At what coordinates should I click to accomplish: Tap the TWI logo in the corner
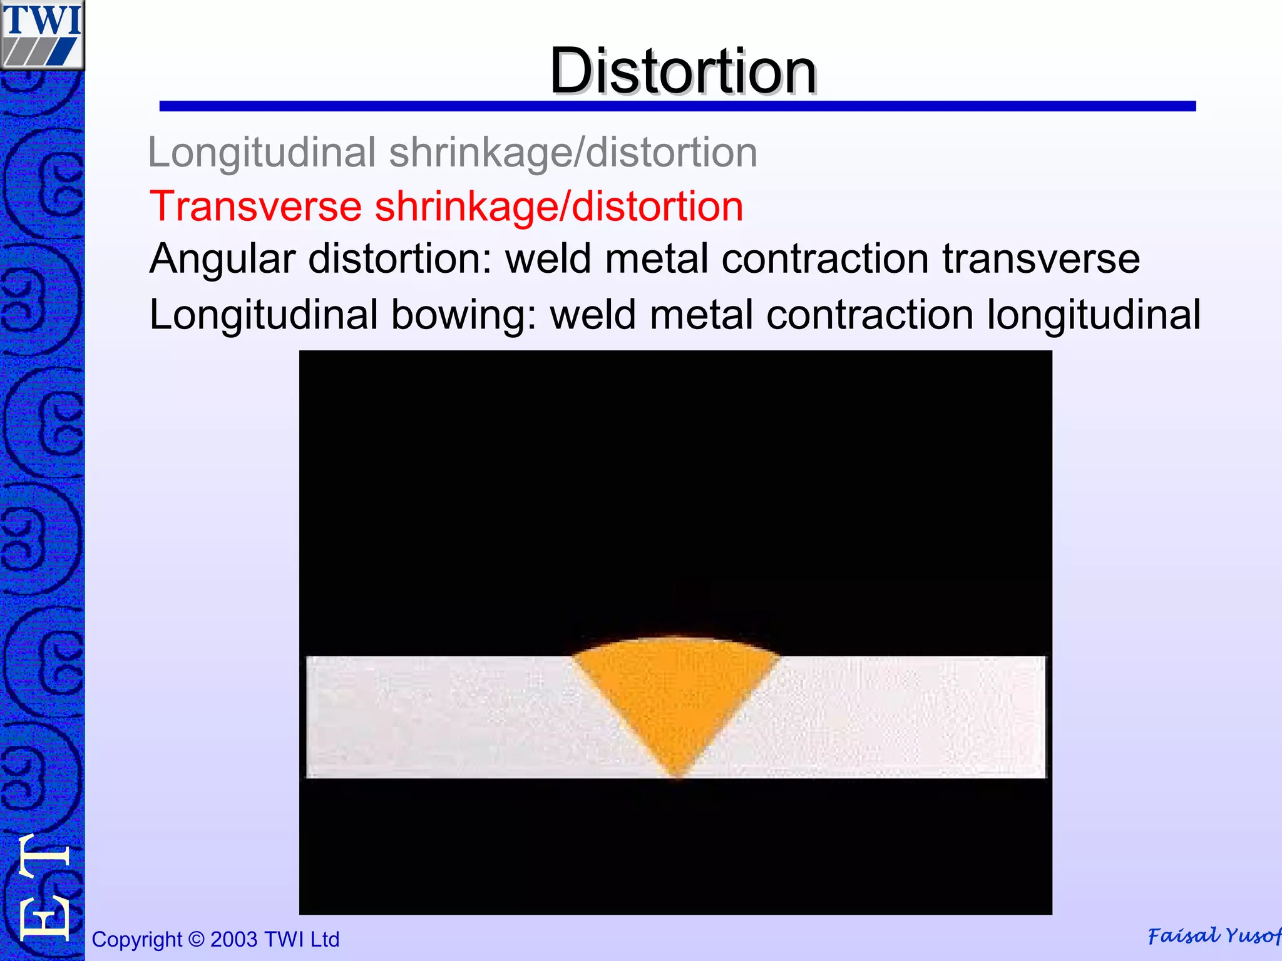42,34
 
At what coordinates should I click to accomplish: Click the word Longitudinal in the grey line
262,153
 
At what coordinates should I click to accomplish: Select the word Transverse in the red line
255,206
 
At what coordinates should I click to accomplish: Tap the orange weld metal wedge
676,694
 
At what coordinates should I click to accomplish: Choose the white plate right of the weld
908,717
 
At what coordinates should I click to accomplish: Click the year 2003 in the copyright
233,940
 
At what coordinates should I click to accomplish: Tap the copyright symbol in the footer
196,940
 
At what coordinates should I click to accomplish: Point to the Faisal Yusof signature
1213,936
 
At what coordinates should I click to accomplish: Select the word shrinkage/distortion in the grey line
573,153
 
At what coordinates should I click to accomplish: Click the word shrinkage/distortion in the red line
559,206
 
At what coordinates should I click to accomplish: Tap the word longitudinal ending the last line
1094,314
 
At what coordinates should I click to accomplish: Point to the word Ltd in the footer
324,940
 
